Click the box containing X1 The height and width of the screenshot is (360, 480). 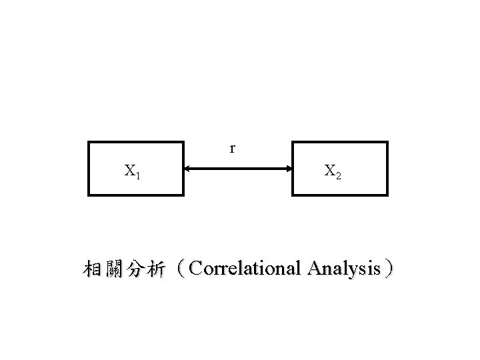coord(135,168)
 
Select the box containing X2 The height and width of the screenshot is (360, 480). coord(340,168)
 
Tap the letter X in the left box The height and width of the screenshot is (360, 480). coord(129,171)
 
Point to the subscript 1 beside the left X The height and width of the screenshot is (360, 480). coord(137,175)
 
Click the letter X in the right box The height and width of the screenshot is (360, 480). coord(330,171)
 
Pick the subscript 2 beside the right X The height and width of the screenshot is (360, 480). coord(339,175)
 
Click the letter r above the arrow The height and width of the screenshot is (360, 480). coord(232,147)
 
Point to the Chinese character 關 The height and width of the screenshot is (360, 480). coord(115,269)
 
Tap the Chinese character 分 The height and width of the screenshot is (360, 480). coord(137,269)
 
